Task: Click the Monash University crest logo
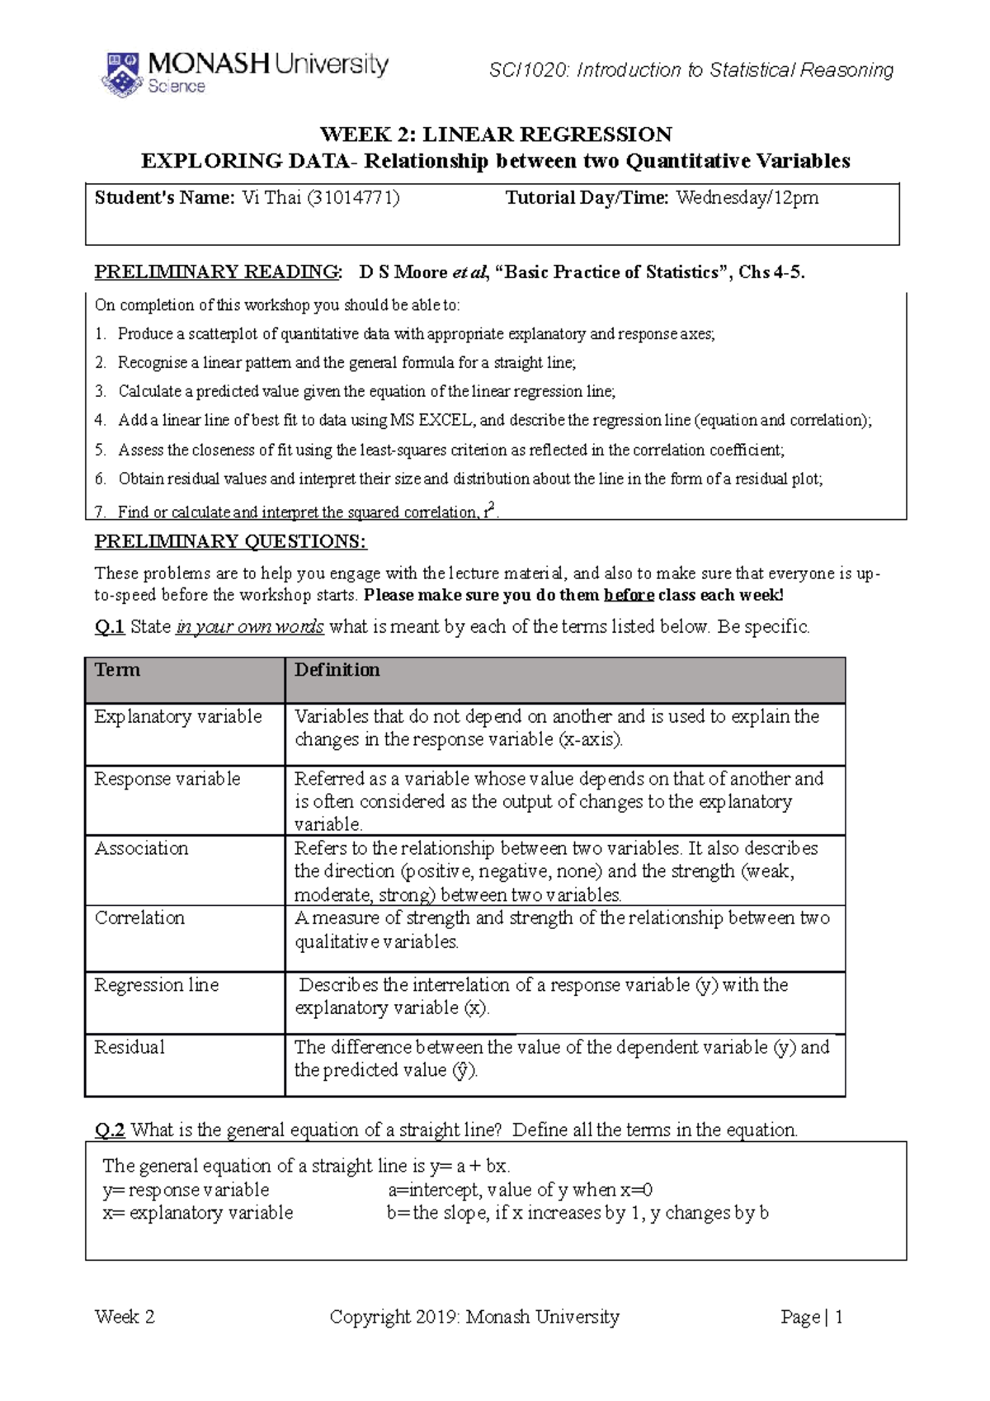tap(121, 74)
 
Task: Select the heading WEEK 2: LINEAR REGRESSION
tap(496, 134)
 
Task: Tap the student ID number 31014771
tap(353, 198)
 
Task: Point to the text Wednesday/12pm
tap(747, 198)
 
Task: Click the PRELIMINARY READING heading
tap(217, 272)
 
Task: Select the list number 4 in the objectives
tap(100, 421)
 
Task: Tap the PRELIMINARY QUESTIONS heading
tap(230, 542)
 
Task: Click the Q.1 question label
tap(109, 627)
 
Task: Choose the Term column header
tap(118, 670)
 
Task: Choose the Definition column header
tap(337, 670)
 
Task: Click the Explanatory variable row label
tap(177, 717)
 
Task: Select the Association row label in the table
tap(141, 849)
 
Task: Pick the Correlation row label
tap(139, 918)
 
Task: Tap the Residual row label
tap(130, 1048)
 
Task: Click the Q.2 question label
tap(109, 1130)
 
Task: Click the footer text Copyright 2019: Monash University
tap(474, 1318)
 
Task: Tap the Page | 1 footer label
tap(811, 1318)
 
